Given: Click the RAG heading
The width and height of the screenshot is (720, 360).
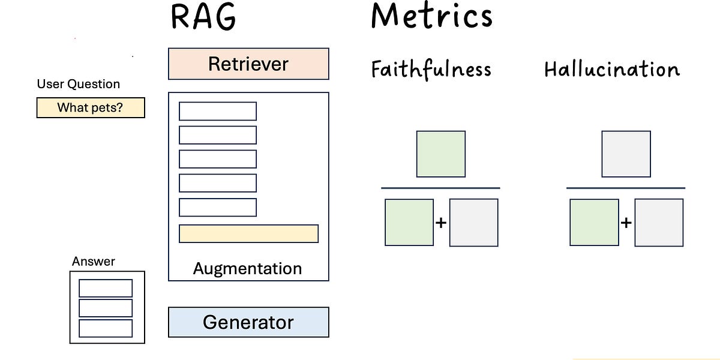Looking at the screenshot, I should click(x=203, y=17).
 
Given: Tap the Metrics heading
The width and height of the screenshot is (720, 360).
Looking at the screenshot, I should click(x=431, y=16).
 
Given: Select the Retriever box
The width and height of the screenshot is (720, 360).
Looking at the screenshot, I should click(x=248, y=64).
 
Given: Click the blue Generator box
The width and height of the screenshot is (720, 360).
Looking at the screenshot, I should click(x=248, y=322).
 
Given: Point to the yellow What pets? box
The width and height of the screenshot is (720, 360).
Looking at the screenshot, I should click(x=91, y=108).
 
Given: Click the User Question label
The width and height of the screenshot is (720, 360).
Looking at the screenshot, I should click(x=79, y=84).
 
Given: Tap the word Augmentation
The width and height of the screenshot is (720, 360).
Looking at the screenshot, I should click(x=247, y=269).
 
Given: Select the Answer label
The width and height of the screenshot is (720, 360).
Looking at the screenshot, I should click(x=93, y=262).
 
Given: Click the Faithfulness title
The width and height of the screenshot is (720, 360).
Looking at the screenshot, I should click(x=431, y=69).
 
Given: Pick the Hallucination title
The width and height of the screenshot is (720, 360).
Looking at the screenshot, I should click(x=611, y=69).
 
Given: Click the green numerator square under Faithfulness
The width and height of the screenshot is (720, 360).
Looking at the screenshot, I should click(x=441, y=154).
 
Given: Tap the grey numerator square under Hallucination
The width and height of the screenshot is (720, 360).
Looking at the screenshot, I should click(x=626, y=154).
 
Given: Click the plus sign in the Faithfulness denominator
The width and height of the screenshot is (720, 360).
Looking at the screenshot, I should click(x=441, y=223).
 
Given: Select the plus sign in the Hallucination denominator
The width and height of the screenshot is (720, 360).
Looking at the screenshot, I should click(x=626, y=223).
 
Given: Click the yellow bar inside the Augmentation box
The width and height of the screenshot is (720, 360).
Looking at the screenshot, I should click(x=248, y=234).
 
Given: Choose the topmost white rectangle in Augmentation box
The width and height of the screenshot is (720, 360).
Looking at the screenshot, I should click(x=218, y=111).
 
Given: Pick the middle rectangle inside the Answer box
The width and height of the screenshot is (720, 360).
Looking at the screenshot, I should click(x=106, y=308).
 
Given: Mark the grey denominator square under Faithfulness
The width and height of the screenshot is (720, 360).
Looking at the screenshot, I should click(x=473, y=223).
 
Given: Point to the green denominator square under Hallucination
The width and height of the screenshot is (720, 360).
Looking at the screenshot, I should click(x=594, y=223).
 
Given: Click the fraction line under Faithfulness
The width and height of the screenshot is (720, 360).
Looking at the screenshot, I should click(x=440, y=188).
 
